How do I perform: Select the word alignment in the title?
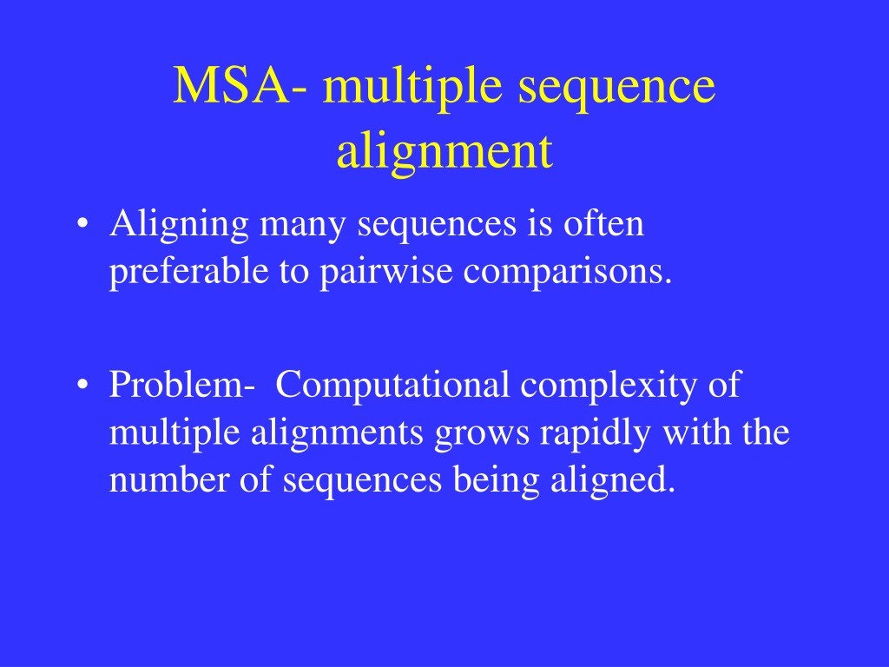click(444, 154)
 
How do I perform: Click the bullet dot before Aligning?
click(82, 223)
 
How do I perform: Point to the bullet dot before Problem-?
click(82, 385)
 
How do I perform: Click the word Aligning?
click(179, 226)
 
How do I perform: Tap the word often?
click(603, 222)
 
